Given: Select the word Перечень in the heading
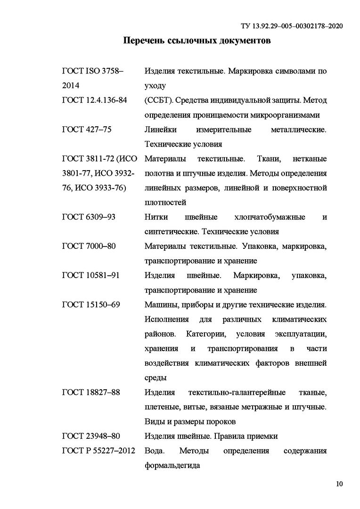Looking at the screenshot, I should [x=144, y=41].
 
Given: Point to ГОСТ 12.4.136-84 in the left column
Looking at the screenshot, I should [x=94, y=100].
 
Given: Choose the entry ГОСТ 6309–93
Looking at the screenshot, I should [x=89, y=217].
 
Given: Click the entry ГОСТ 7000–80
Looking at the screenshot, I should [x=89, y=246].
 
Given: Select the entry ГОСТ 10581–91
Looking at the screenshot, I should [x=90, y=275].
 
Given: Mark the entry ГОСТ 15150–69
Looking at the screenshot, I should [x=90, y=304].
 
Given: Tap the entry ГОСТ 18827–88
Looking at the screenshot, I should [x=90, y=392].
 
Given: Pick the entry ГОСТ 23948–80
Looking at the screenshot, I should [x=90, y=436].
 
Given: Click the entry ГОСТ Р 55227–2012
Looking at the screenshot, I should [x=98, y=451].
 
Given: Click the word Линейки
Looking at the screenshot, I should [x=160, y=130].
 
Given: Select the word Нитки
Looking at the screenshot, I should [x=156, y=217].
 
